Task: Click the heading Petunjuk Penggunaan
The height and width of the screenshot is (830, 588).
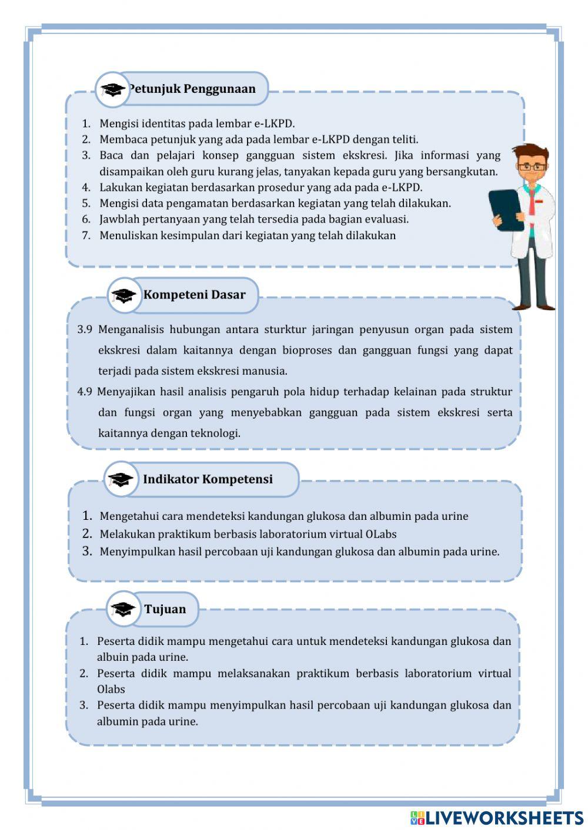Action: (192, 89)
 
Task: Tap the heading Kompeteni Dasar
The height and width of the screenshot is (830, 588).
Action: (194, 295)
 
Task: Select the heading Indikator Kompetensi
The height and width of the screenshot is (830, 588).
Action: (208, 479)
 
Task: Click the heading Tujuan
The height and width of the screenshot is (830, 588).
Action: (165, 609)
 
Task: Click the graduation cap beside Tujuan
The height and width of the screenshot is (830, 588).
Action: (123, 609)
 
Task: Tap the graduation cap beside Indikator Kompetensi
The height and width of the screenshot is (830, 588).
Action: (121, 479)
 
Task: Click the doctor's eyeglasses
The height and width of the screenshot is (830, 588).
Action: (533, 167)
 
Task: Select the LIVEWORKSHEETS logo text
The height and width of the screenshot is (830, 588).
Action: (504, 818)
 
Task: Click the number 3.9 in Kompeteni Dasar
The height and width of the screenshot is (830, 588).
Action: (85, 330)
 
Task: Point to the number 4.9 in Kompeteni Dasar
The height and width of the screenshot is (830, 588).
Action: (85, 392)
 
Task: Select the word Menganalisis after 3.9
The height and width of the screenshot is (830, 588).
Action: (131, 330)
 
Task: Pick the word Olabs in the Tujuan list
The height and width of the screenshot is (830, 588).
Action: (111, 689)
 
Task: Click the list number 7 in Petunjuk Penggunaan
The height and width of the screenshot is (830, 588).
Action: (86, 236)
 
